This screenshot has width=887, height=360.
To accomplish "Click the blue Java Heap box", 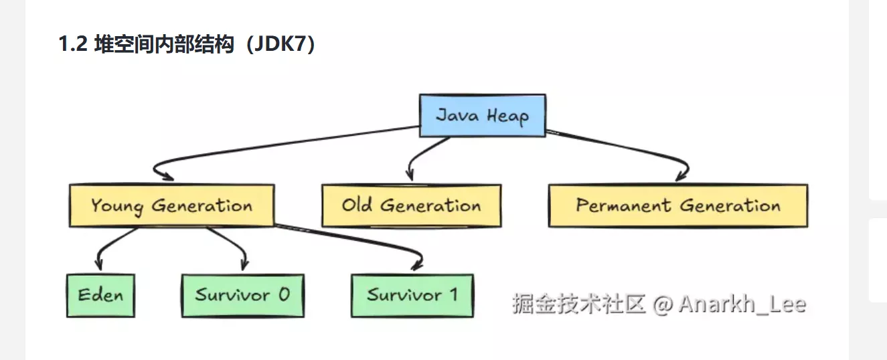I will coord(481,115).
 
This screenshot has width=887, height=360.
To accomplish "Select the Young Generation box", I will coord(171,205).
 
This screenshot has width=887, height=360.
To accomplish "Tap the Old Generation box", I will coord(411,205).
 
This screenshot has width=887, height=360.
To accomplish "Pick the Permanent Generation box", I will coord(677,205).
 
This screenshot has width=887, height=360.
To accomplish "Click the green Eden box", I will coord(100,295).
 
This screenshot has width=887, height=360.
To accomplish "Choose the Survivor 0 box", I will coord(242,295).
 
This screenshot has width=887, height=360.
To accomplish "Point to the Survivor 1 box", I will coord(412,295).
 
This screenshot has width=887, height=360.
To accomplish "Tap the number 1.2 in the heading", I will coord(74,46).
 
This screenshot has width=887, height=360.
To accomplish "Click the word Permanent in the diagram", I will coord(624,205).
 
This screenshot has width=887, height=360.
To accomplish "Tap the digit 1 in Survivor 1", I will coord(453,294).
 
